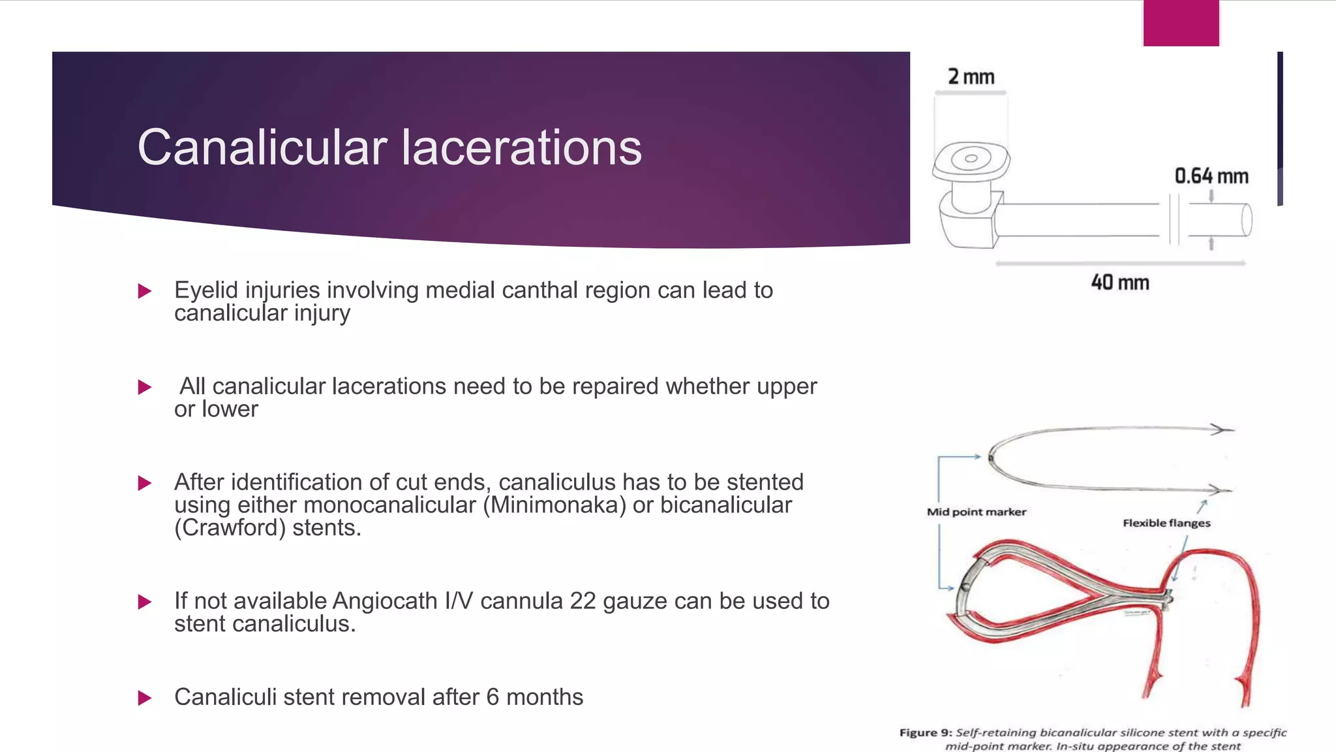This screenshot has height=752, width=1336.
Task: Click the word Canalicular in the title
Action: [x=262, y=148]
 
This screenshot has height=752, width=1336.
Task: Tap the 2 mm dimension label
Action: [x=971, y=77]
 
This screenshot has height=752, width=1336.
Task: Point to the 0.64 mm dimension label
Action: [x=1211, y=176]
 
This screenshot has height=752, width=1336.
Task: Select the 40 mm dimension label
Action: [x=1120, y=283]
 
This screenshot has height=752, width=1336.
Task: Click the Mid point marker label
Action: [x=977, y=512]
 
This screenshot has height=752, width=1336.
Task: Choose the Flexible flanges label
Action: [x=1166, y=523]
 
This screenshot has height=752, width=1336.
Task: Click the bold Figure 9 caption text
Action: [x=926, y=732]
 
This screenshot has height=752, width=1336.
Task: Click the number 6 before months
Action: [x=493, y=697]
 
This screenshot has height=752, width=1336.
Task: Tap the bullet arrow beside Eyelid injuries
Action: [x=145, y=291]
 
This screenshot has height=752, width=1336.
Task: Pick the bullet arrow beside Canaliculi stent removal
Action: [x=145, y=698]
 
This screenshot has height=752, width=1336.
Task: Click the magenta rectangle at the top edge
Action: [x=1181, y=23]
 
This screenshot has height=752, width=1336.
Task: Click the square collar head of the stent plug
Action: [x=971, y=160]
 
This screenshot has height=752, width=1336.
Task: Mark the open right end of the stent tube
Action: [x=1245, y=220]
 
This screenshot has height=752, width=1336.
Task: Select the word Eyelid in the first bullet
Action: [x=204, y=290]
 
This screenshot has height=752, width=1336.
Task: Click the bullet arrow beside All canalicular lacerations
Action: [x=145, y=387]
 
